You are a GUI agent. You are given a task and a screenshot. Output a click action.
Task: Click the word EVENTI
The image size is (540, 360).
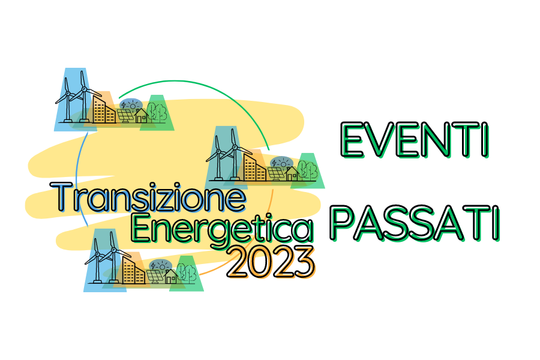pos(415,140)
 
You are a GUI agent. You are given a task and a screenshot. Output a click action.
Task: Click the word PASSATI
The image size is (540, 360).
pos(415,223)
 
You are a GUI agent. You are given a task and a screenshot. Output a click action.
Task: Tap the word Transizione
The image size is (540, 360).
pos(148,197)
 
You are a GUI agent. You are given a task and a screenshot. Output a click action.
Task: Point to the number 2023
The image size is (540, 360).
pos(271,262)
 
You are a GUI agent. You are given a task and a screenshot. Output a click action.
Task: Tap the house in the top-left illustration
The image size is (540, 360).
pos(141,115)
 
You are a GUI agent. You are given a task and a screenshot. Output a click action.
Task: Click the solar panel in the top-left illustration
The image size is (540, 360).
pos(125,115)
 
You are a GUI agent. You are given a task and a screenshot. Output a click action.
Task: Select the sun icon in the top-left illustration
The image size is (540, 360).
pos(132,104)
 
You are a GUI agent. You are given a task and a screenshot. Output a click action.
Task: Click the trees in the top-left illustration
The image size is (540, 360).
pos(157,111)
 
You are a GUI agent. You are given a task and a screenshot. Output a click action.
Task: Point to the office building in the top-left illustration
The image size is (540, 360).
pos(104,109)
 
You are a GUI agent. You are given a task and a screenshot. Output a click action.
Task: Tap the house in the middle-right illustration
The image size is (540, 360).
pos(292,173)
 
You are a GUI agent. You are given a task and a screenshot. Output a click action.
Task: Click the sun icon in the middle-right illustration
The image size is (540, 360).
pos(283,163)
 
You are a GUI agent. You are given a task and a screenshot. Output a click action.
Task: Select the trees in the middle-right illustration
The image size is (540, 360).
pos(308,169)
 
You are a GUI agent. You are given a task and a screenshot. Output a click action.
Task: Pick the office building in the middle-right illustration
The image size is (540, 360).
pos(254,167)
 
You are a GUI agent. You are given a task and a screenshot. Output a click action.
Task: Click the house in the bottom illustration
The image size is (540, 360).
pos(171,276)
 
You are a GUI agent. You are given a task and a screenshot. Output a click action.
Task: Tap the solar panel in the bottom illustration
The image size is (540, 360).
pos(155,276)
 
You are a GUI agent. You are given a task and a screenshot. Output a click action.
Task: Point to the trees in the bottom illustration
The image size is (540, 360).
pos(187,272)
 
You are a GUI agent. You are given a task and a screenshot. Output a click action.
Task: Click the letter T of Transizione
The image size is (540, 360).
pos(62,197)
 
